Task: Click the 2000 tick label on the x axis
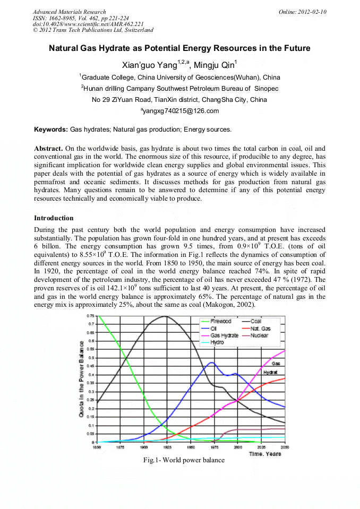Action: click(x=238, y=447)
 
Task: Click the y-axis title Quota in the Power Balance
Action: click(x=82, y=379)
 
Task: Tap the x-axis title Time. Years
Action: click(x=265, y=454)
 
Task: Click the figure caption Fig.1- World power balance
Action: click(x=184, y=460)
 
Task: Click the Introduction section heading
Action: click(x=54, y=218)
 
